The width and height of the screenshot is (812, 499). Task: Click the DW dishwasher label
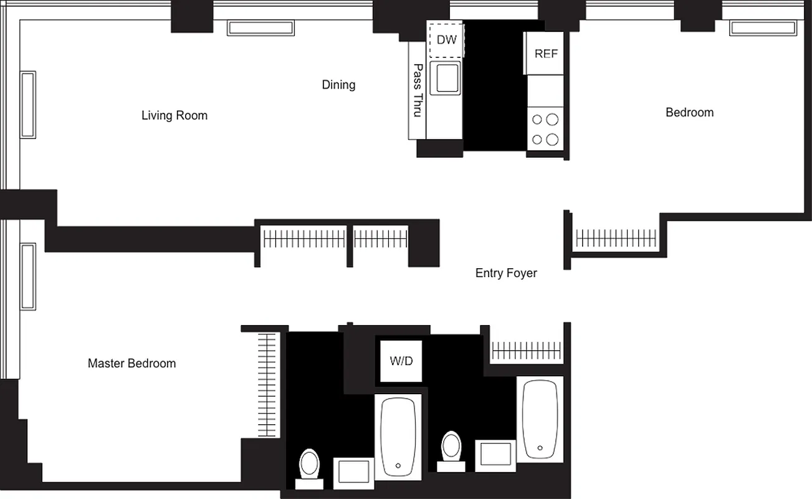pos(446,40)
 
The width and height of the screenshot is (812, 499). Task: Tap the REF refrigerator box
pos(546,54)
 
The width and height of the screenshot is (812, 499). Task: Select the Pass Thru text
pos(418,90)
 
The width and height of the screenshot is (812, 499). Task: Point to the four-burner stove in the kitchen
pos(545,129)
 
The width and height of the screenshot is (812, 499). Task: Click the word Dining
pos(338,85)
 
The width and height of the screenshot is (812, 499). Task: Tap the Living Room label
pos(174,115)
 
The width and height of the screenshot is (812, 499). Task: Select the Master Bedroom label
pos(131,363)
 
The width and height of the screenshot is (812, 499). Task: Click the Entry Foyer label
pos(506,273)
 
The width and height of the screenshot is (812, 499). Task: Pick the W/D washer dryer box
pos(401,361)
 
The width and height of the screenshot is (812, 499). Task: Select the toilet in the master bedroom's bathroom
pos(309,467)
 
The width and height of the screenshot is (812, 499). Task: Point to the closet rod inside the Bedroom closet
pos(616,238)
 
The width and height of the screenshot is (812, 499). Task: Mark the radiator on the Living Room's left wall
pos(28,105)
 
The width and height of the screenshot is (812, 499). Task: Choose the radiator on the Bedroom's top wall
pos(763,28)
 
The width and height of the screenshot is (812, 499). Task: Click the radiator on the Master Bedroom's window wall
pos(28,276)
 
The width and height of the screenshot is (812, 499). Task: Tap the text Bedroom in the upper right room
pos(689,113)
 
